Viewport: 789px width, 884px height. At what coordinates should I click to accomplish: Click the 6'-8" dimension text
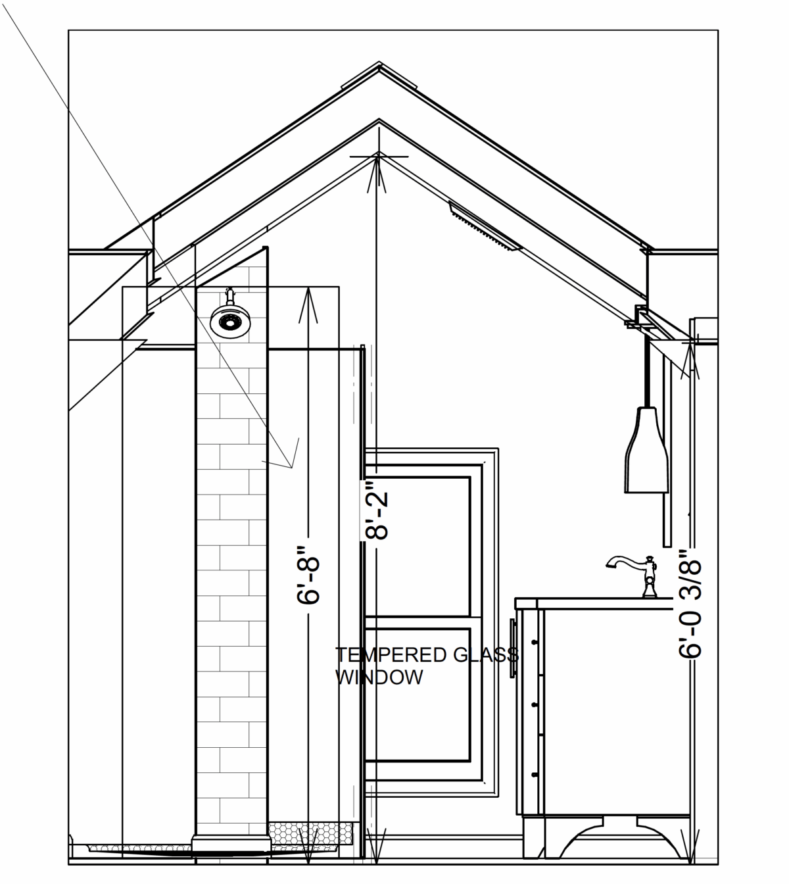(x=308, y=575)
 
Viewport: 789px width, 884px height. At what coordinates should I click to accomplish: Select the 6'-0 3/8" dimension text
(x=690, y=604)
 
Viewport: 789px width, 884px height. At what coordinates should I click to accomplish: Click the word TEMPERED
(x=391, y=655)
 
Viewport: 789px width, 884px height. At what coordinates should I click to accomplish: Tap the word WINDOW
(x=379, y=677)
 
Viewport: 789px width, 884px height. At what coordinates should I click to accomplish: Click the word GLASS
(x=486, y=655)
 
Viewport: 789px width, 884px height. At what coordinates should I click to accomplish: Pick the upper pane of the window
(x=418, y=546)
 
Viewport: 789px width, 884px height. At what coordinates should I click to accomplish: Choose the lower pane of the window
(x=418, y=695)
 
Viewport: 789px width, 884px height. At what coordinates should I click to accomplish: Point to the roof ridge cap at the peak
(x=379, y=74)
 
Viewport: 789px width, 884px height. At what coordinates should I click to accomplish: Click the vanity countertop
(x=594, y=604)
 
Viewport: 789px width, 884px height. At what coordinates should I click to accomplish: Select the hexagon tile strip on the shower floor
(x=310, y=833)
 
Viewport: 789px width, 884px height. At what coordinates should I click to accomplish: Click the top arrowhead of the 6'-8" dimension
(x=308, y=303)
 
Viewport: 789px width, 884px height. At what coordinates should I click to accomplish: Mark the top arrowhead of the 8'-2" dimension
(x=377, y=174)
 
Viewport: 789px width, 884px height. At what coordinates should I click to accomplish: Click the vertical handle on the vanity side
(x=513, y=649)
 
